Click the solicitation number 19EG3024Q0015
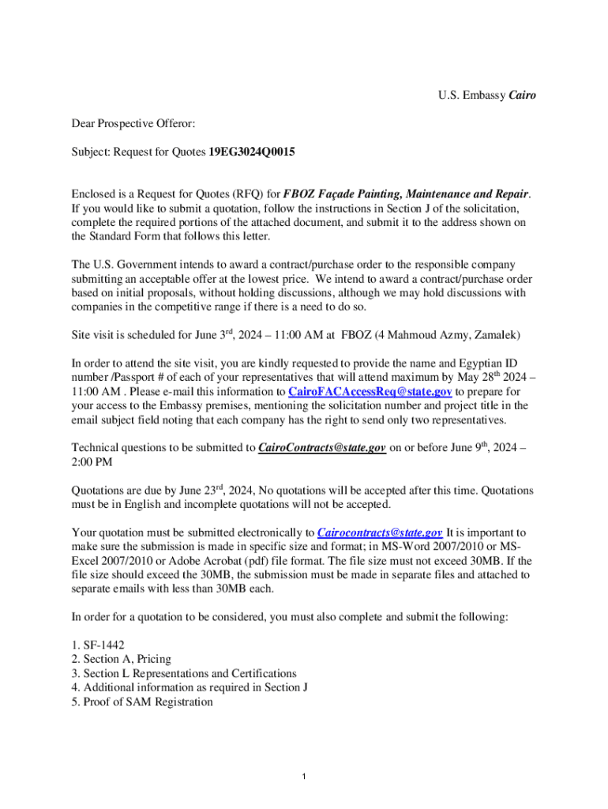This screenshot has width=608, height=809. click(252, 151)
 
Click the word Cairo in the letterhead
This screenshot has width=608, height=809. click(522, 96)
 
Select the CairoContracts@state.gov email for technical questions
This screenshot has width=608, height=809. click(321, 448)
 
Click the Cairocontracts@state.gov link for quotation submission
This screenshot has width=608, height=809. click(379, 532)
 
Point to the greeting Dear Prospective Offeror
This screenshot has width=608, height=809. click(133, 123)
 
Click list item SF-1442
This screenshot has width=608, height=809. click(98, 645)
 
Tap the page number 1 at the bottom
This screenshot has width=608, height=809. click(304, 777)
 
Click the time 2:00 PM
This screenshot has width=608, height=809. click(92, 462)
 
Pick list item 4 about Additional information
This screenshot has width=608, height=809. click(190, 687)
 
